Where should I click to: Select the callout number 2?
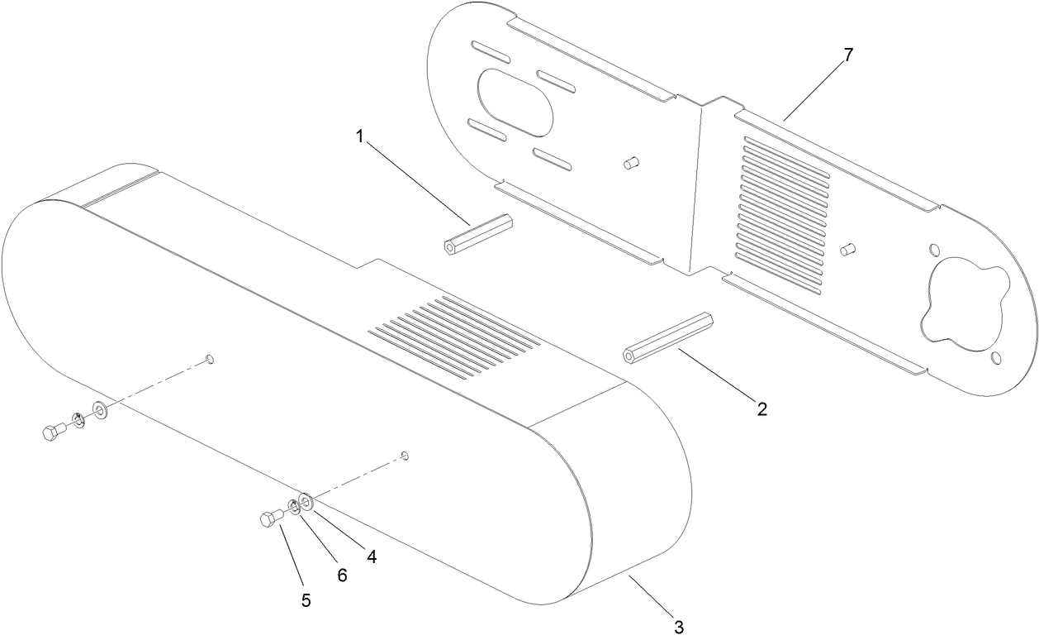[761, 408]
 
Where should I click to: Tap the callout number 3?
[679, 627]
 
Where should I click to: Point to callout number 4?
[372, 557]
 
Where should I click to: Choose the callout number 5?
[306, 601]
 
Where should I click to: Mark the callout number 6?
[340, 576]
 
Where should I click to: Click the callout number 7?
[847, 55]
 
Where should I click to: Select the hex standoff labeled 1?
[478, 235]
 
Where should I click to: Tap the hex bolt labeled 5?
[271, 519]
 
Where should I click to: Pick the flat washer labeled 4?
[304, 502]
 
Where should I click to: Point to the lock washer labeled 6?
[293, 507]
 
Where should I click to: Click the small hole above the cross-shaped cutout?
[934, 250]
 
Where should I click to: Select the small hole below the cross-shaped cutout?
[996, 357]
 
